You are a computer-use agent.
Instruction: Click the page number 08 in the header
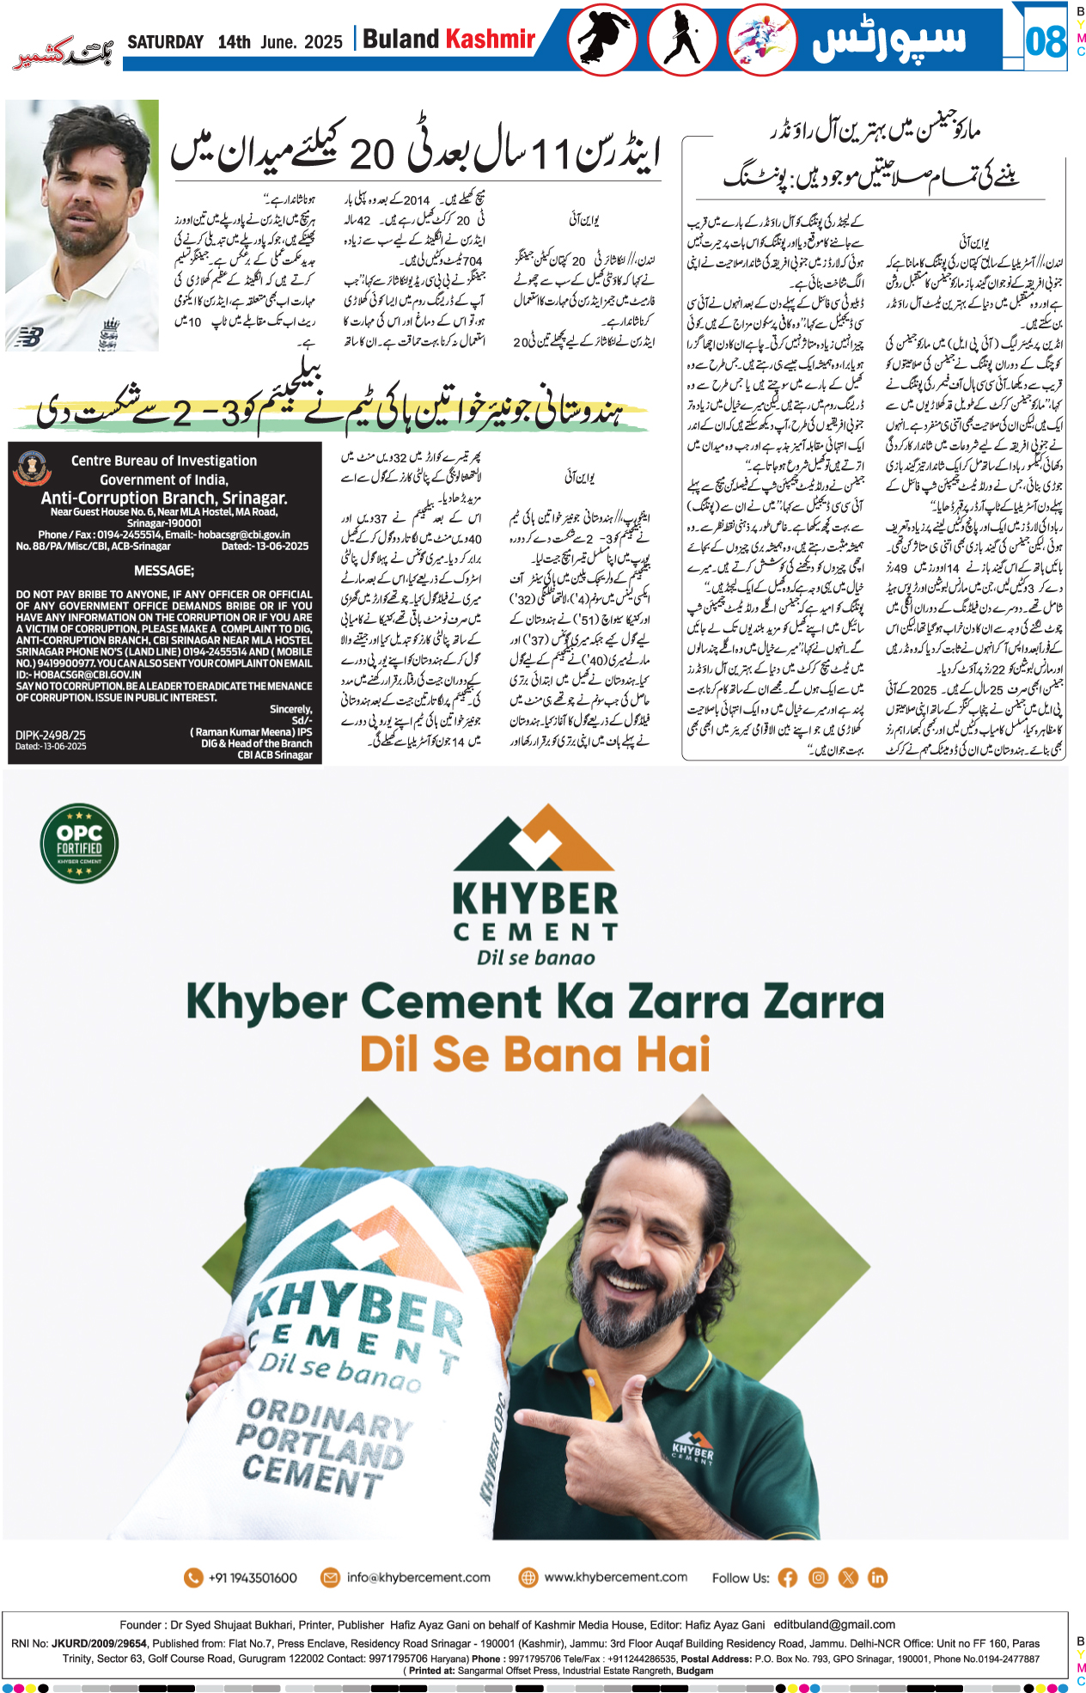(x=1045, y=40)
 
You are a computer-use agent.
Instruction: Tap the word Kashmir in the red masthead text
(x=491, y=39)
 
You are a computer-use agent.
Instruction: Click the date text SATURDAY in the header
(x=165, y=42)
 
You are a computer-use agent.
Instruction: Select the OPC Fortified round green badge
(x=79, y=843)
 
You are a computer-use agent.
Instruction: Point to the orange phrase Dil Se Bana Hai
(x=535, y=1054)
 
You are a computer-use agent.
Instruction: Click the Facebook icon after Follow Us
(x=788, y=1578)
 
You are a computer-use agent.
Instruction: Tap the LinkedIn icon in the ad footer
(x=877, y=1578)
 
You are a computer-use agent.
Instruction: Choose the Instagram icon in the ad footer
(x=818, y=1578)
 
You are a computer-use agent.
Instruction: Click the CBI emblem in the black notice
(x=34, y=468)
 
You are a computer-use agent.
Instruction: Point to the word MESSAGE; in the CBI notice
(x=164, y=571)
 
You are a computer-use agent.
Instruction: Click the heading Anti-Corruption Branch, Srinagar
(x=164, y=498)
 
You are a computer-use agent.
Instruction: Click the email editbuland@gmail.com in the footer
(x=834, y=1624)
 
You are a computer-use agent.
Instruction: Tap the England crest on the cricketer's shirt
(x=110, y=332)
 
